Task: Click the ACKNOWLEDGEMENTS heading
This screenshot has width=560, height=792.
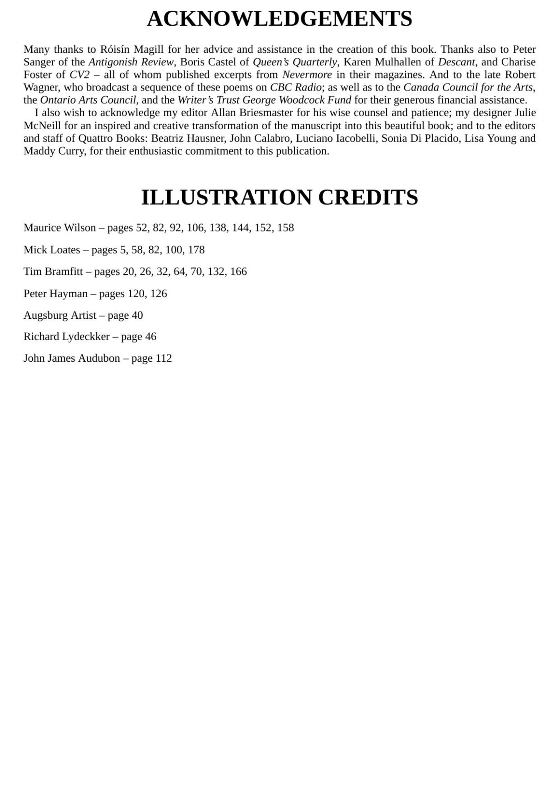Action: [280, 19]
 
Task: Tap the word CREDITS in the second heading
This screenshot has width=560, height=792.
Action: [368, 197]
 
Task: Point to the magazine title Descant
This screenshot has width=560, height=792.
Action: [456, 62]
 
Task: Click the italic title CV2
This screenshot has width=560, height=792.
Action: [79, 75]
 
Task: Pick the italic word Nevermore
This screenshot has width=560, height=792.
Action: [307, 75]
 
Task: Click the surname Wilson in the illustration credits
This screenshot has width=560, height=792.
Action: [80, 228]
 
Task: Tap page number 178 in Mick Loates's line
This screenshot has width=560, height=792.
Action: [196, 250]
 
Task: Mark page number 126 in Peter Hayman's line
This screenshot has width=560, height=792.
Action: [159, 294]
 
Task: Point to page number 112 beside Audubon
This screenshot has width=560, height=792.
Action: [164, 358]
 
